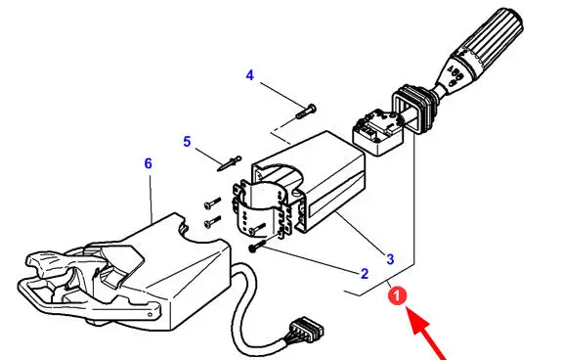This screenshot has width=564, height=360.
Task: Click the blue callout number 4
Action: point(250,75)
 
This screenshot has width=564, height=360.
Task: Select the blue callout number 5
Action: point(187,142)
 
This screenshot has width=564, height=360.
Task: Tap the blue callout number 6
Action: point(149,163)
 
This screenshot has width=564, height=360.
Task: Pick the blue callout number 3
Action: point(390,259)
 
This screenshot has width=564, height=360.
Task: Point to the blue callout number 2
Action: point(365,274)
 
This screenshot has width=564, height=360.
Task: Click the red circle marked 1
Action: point(397,296)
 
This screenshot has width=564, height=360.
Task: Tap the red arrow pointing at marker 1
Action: point(426,333)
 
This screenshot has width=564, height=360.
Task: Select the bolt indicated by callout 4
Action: point(306,111)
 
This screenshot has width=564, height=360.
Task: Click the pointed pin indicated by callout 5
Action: point(229,163)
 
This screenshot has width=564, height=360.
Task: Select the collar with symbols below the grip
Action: point(454,73)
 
